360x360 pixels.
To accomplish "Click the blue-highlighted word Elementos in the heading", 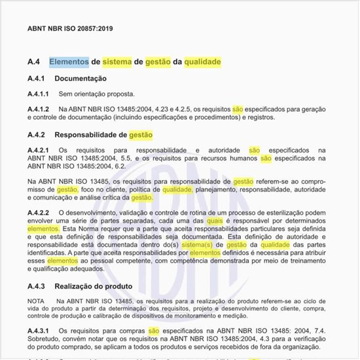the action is tap(69, 62).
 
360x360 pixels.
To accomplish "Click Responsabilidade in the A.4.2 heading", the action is tap(94, 135).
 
